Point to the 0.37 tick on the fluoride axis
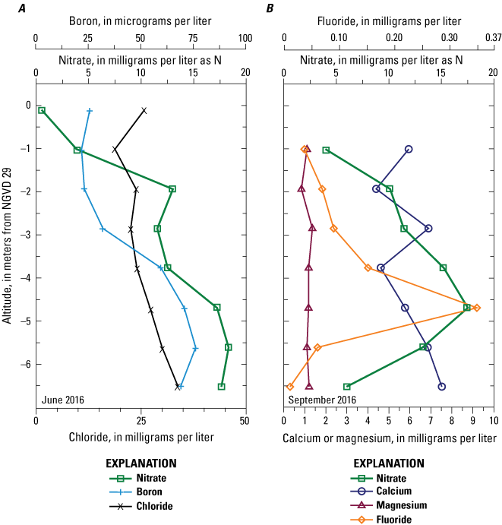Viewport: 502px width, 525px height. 493,36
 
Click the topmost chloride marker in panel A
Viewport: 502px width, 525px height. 144,111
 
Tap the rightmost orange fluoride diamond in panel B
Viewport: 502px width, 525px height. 476,308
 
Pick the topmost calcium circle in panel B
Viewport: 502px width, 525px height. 409,149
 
